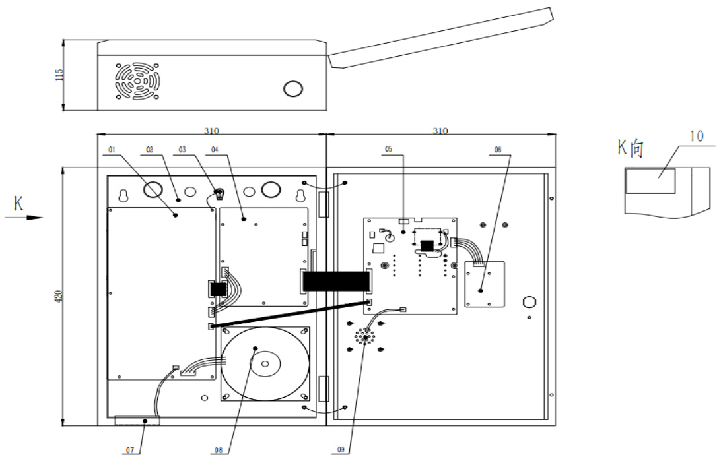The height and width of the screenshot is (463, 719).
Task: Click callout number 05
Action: (x=388, y=150)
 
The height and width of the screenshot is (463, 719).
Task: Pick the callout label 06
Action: (x=497, y=150)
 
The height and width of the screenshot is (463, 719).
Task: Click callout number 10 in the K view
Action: (x=696, y=137)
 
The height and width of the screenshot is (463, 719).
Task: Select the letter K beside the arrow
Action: (x=19, y=204)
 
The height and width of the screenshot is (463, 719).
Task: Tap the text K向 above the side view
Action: (x=631, y=148)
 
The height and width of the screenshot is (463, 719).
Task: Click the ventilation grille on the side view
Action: (x=138, y=81)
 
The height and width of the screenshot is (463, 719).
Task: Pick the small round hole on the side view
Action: (x=293, y=88)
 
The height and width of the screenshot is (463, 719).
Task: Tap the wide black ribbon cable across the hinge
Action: (x=335, y=281)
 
